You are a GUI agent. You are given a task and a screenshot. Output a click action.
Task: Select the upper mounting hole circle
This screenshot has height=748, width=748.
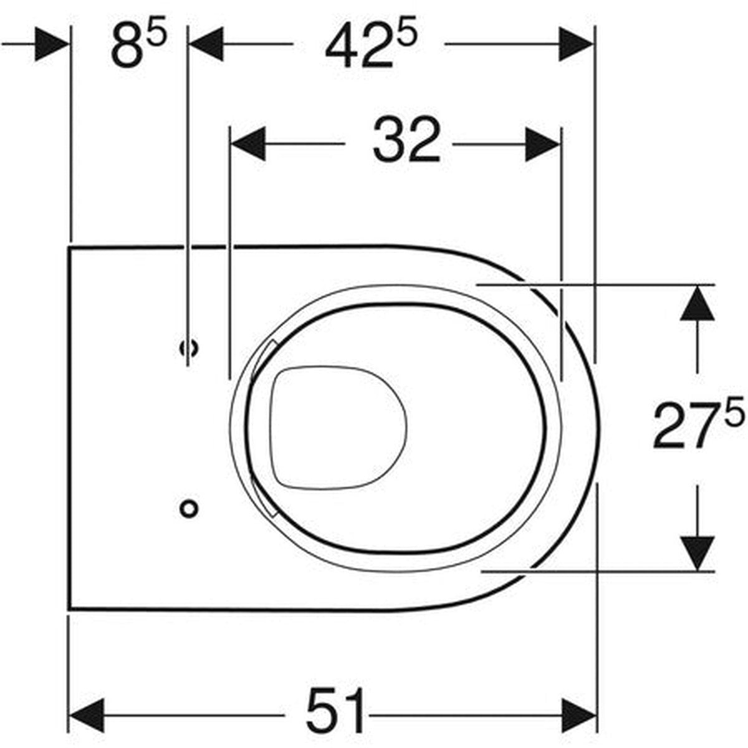(x=189, y=348)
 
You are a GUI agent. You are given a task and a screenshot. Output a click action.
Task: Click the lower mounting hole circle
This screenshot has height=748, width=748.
(x=189, y=509)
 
